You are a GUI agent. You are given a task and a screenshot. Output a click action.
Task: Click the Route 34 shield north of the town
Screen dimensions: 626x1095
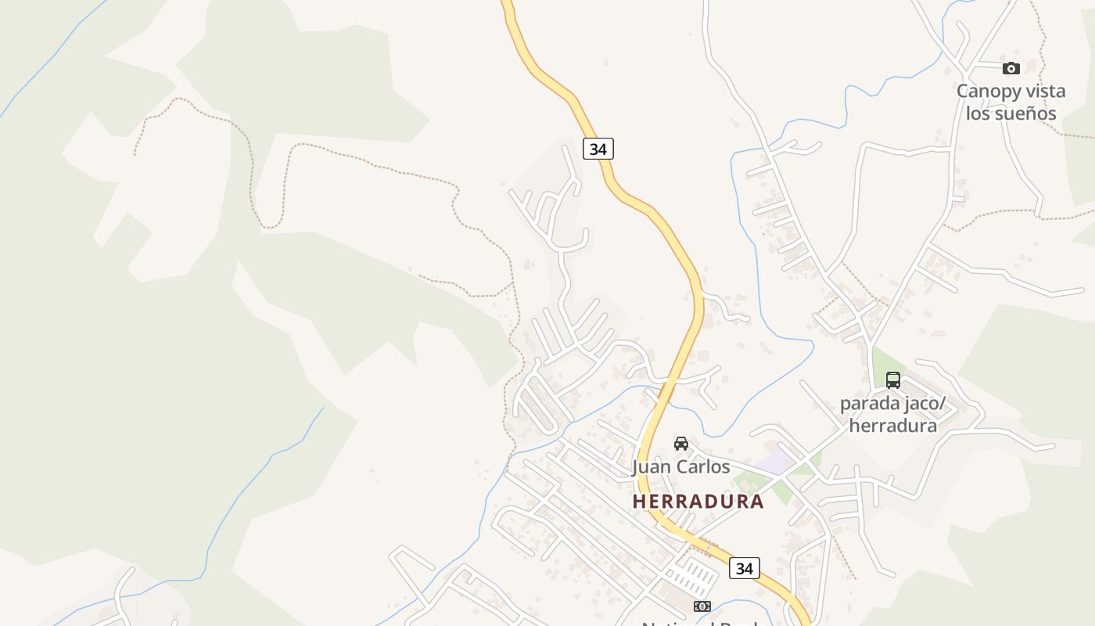pyautogui.click(x=598, y=148)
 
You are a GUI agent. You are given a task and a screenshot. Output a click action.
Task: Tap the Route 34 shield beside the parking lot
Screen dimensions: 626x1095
pyautogui.click(x=744, y=568)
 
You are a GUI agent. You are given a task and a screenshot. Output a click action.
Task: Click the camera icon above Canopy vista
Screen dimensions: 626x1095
pyautogui.click(x=1011, y=68)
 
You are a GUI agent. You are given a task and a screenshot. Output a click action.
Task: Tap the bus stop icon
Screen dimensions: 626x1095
pyautogui.click(x=893, y=380)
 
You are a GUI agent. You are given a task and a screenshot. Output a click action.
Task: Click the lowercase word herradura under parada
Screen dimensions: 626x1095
pyautogui.click(x=893, y=426)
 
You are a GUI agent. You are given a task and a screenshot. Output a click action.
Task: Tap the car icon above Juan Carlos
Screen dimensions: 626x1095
pyautogui.click(x=681, y=444)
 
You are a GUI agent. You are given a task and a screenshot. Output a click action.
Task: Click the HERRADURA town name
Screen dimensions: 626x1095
pyautogui.click(x=698, y=502)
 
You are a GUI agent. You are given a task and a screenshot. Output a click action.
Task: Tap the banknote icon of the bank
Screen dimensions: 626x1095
pyautogui.click(x=702, y=606)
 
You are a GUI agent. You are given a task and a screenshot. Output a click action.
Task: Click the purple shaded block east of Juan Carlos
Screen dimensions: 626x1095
pyautogui.click(x=774, y=462)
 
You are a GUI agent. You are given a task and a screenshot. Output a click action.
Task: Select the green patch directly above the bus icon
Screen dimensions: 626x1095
pyautogui.click(x=887, y=361)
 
